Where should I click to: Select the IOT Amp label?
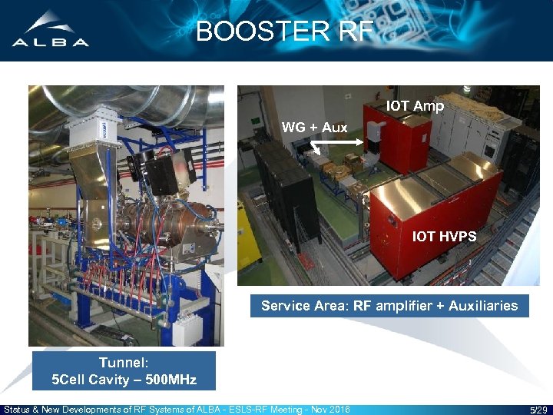415,106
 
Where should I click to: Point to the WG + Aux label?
314,128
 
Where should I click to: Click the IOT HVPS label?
444,237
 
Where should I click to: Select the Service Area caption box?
389,306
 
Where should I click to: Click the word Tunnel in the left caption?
124,363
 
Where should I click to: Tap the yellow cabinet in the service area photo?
248,238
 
